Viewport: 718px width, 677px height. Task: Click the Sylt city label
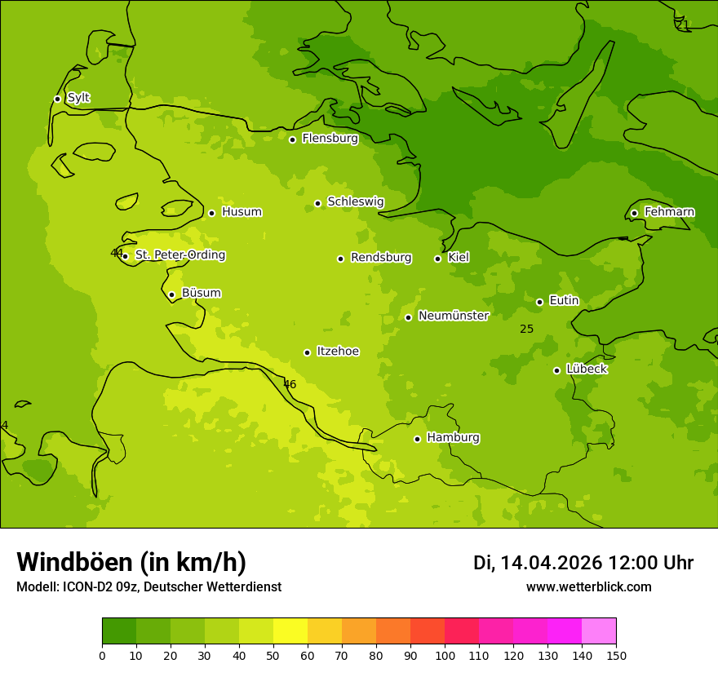tap(78, 98)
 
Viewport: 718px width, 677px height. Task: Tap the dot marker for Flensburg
tap(292, 139)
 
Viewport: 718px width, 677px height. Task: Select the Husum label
tap(242, 212)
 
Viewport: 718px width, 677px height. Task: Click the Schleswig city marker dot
tap(317, 203)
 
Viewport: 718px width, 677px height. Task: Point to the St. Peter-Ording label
tap(180, 255)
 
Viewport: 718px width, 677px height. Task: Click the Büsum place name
tap(201, 294)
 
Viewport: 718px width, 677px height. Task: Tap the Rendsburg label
tap(381, 258)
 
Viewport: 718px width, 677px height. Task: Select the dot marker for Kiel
tap(437, 259)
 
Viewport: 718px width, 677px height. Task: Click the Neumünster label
tap(454, 316)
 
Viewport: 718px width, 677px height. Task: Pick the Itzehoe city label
tap(338, 352)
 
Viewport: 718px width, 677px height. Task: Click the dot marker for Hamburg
tap(417, 439)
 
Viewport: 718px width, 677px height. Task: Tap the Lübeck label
tap(587, 369)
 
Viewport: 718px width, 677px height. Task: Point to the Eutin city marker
tap(539, 302)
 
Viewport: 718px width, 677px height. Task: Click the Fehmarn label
tap(669, 212)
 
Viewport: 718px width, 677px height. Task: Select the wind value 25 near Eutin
tap(526, 329)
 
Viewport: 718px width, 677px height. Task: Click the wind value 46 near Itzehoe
tap(290, 384)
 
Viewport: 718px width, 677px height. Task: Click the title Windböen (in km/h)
tap(131, 562)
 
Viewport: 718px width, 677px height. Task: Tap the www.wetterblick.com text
tap(588, 587)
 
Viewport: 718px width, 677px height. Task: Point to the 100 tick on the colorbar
tap(445, 655)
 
